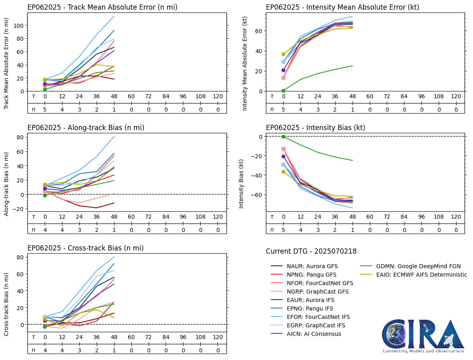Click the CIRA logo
click(423, 336)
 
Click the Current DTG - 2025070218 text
click(311, 252)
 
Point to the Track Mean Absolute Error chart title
click(102, 7)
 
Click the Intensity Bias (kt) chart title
click(315, 128)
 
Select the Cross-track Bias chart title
click(85, 248)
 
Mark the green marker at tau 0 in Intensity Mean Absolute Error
click(283, 91)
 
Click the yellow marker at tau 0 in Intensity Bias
click(283, 172)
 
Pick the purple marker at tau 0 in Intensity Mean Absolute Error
click(283, 70)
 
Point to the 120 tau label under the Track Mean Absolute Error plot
click(218, 97)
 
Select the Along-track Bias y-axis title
click(6, 184)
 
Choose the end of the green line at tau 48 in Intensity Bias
click(353, 161)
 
